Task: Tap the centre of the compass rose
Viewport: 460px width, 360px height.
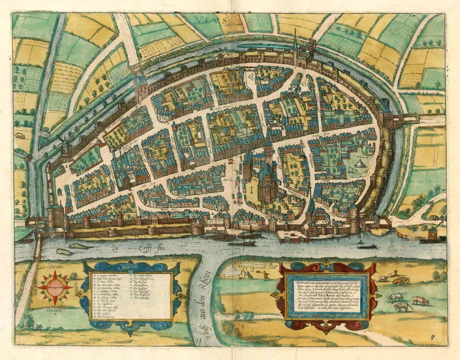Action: pos(55,286)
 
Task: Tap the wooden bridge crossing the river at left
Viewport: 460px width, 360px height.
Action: pos(37,248)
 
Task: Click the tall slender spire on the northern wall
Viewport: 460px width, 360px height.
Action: pos(295,44)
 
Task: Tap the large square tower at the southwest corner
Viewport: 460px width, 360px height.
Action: pos(56,216)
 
